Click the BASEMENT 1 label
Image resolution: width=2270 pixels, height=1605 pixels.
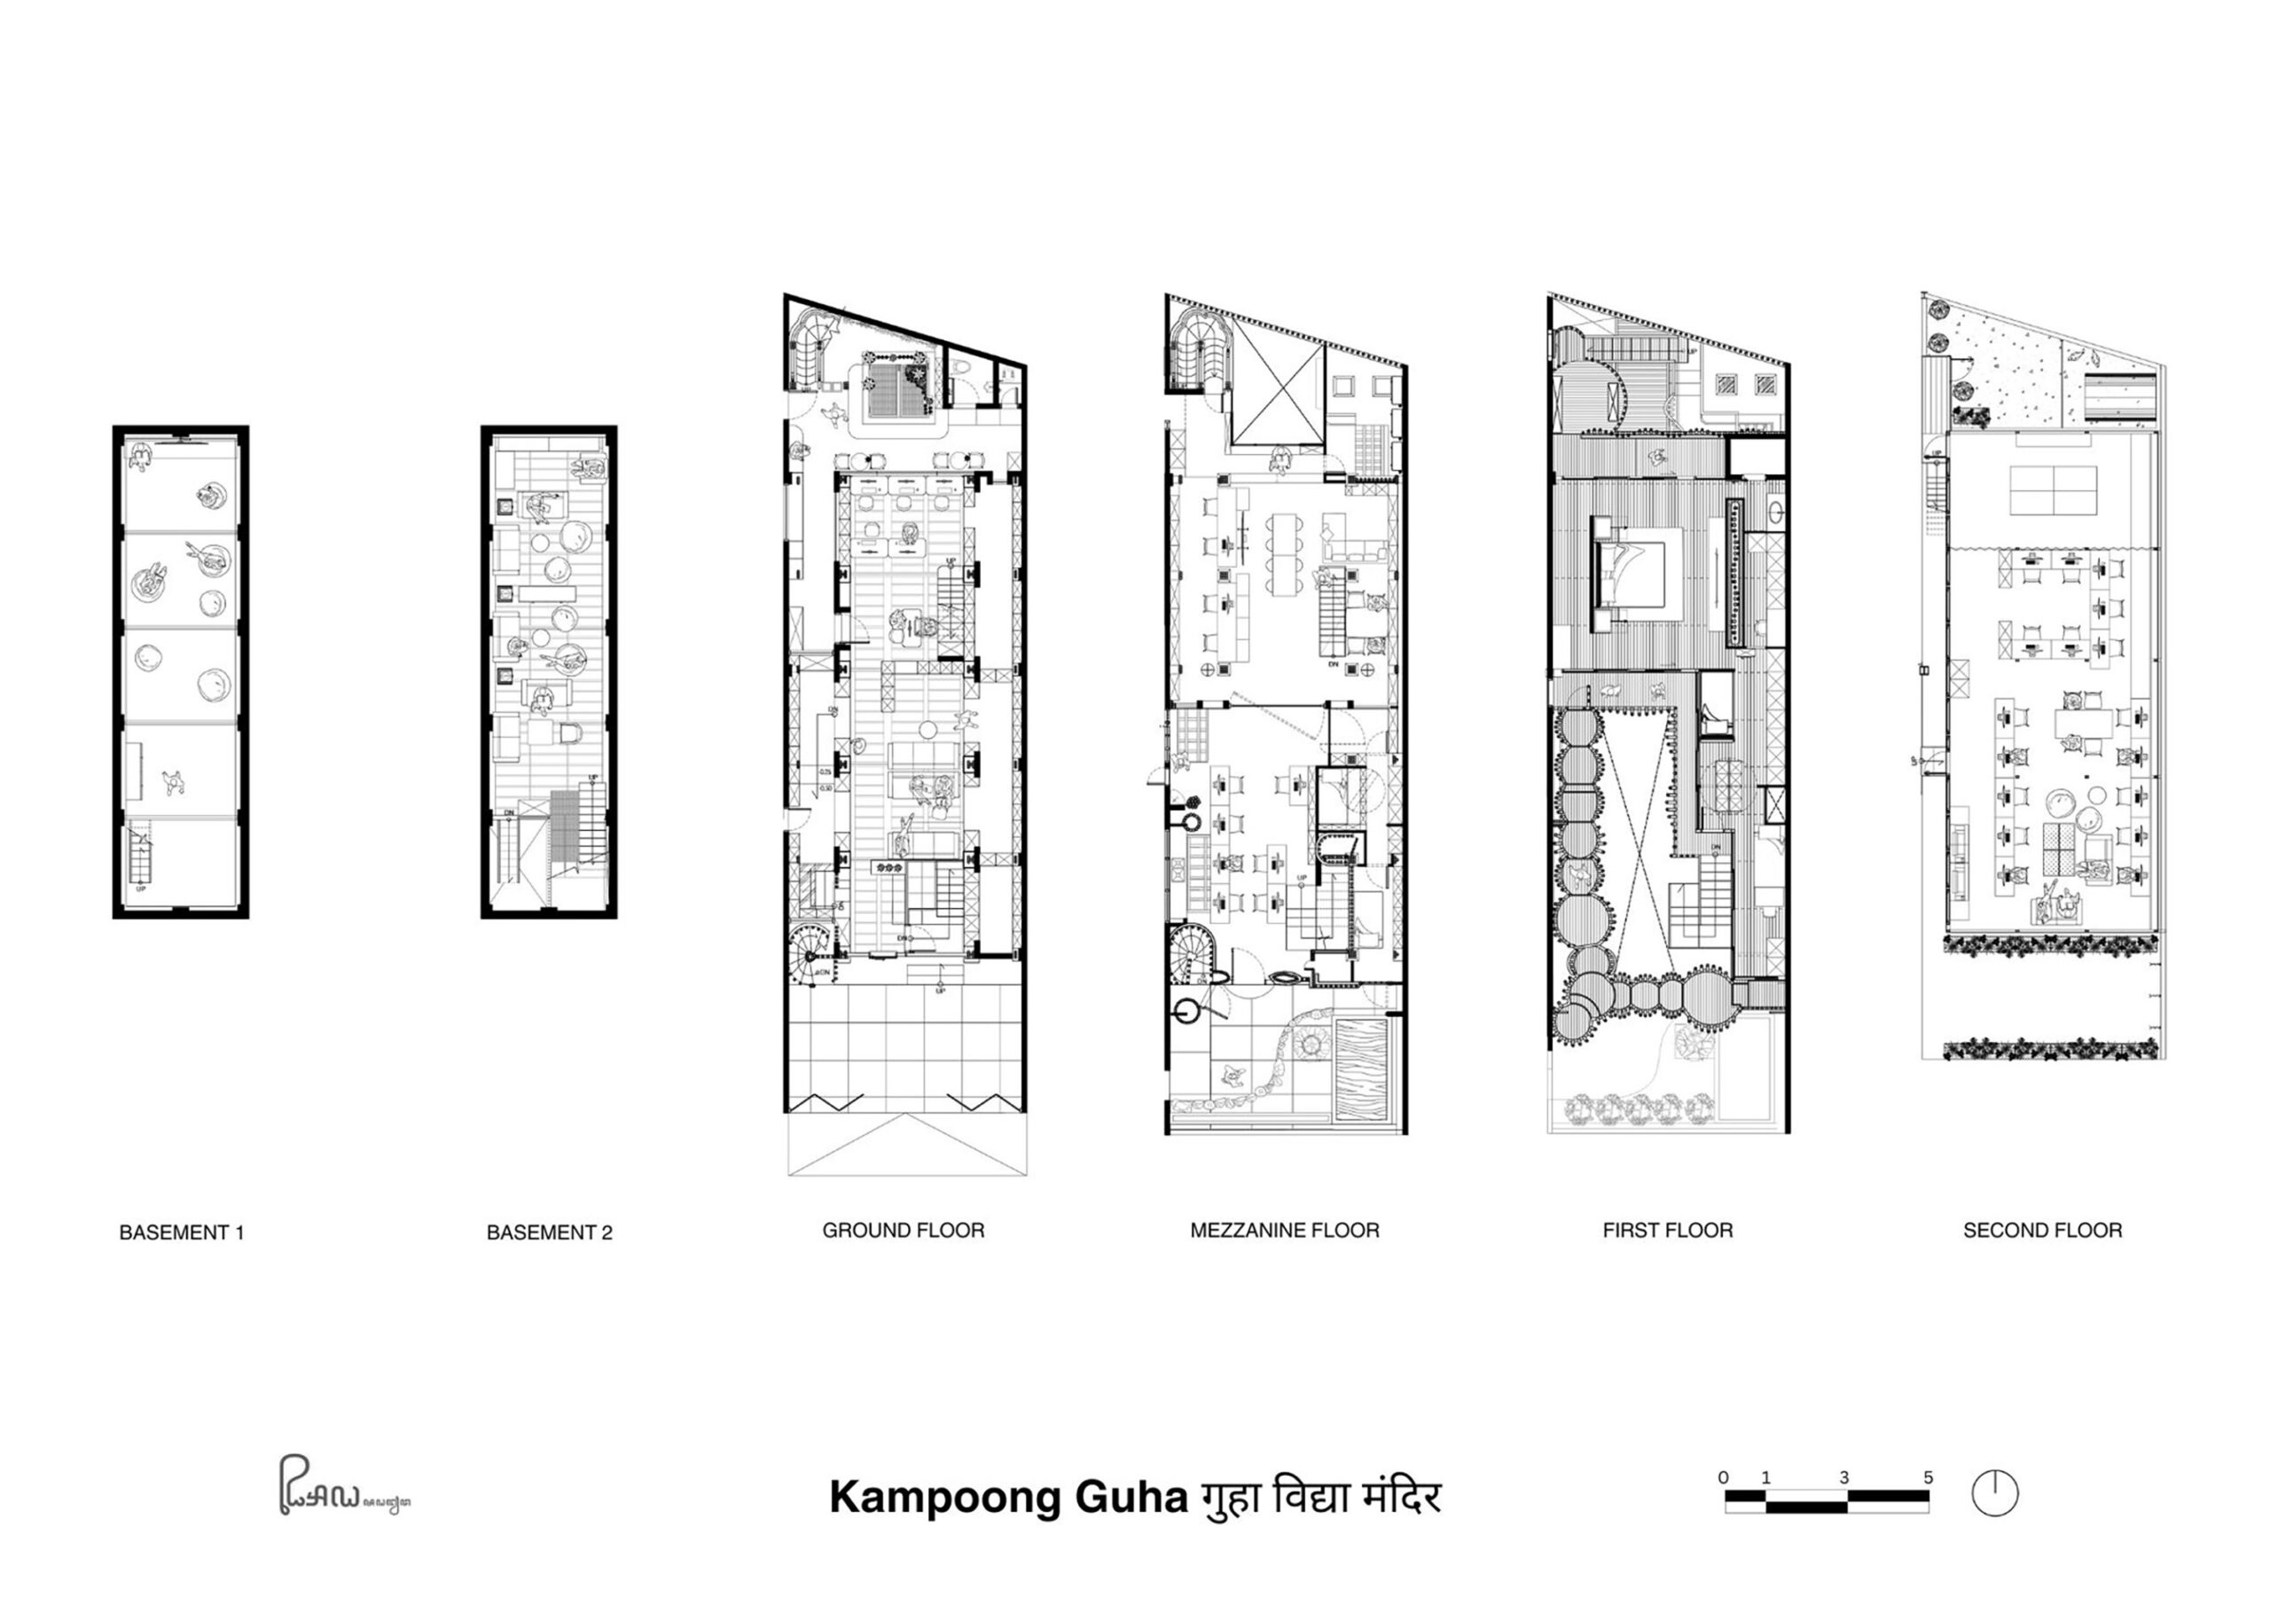(181, 1233)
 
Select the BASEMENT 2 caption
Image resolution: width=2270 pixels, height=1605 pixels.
(549, 1233)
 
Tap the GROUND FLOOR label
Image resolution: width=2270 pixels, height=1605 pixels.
(903, 1230)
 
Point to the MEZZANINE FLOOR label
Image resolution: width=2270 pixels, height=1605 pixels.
(1284, 1230)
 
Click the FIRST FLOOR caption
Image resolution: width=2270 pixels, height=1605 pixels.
(1667, 1230)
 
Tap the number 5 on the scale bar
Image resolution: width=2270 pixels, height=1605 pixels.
(1928, 1477)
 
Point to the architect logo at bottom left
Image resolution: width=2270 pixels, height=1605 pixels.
(341, 1487)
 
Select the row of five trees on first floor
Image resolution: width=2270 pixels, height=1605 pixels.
(1641, 1108)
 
